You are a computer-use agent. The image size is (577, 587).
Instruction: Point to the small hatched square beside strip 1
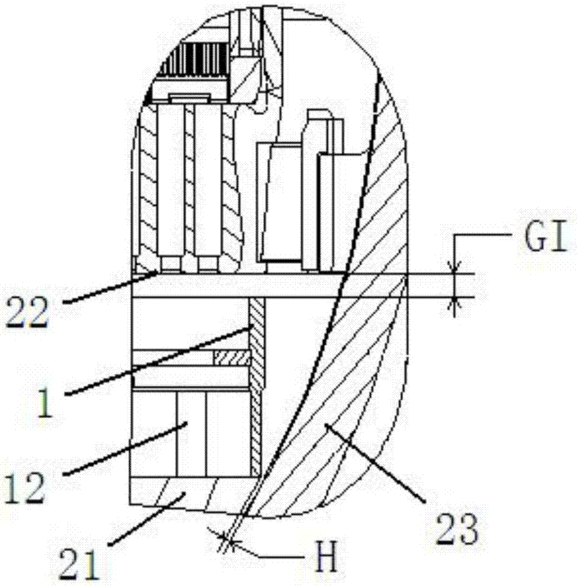[x=231, y=358]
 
